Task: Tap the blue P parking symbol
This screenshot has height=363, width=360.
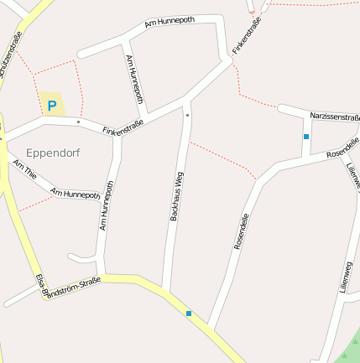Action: point(52,106)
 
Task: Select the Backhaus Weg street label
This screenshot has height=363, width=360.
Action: point(176,195)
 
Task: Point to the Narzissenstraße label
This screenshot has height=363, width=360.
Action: point(335,117)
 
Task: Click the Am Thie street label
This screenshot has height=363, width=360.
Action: point(24,171)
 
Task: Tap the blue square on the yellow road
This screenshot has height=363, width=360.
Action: point(189,314)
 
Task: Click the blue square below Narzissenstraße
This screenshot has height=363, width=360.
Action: point(306,136)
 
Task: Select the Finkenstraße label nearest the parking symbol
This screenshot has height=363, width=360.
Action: point(123,127)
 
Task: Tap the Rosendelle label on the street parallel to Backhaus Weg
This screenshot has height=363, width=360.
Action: point(241,231)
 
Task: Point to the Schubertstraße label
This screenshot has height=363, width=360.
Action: point(12,52)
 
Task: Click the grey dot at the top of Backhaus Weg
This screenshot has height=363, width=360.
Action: point(187,114)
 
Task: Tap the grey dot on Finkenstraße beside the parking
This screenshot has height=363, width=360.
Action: point(78,122)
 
